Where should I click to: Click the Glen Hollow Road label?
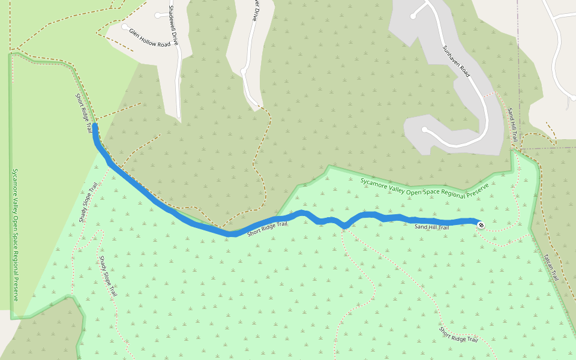point(149,36)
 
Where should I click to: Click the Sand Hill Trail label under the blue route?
point(431,227)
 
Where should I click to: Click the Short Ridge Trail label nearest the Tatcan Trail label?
point(458,334)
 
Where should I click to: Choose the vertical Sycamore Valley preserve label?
point(16,234)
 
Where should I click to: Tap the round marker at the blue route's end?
point(481,225)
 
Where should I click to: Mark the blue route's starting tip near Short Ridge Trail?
point(95,126)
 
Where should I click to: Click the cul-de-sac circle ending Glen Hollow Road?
point(125,26)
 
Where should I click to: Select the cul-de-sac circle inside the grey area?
point(424,130)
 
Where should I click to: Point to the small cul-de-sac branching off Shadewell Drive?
point(157,15)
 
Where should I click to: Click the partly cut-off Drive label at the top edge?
point(254,11)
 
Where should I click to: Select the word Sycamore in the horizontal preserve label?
point(376,181)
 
